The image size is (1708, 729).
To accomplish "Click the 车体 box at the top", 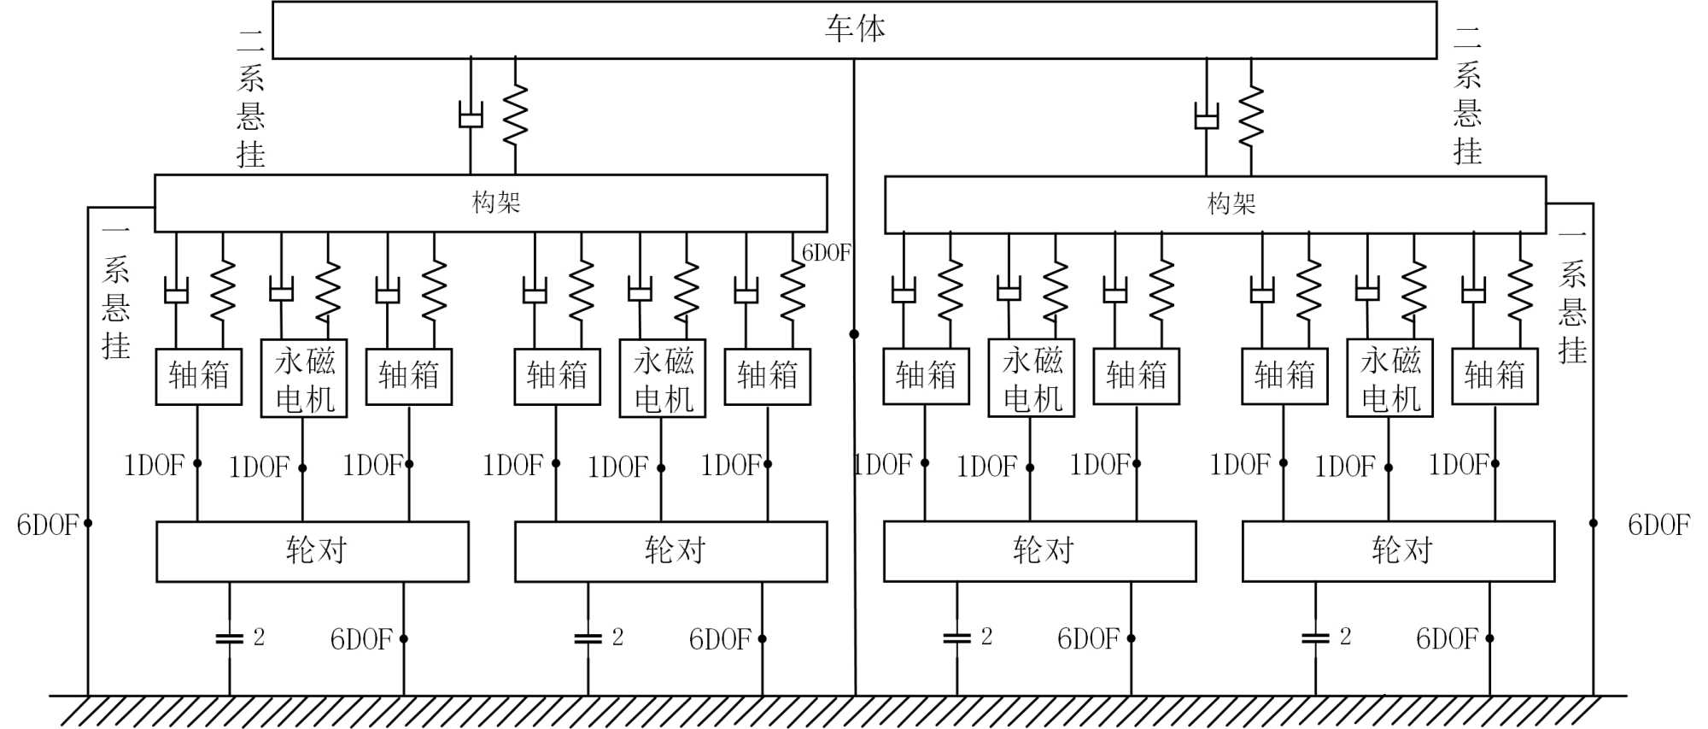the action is click(854, 30).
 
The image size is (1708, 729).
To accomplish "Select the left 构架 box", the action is click(490, 203).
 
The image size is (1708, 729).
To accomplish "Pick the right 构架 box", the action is click(1215, 204).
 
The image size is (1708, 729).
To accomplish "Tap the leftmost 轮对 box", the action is click(313, 551).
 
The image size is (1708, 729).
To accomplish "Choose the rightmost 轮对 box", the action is click(1398, 551).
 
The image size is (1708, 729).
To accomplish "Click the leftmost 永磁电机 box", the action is click(303, 379).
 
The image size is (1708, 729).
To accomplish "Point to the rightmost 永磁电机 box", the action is click(1389, 379).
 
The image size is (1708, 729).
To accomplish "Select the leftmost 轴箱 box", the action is click(198, 376).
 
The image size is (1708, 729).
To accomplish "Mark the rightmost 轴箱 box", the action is click(1494, 376).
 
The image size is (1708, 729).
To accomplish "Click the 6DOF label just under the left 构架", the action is click(826, 253).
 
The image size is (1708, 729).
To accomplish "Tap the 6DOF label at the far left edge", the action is click(47, 525).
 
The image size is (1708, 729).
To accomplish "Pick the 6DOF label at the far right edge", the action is click(1658, 525).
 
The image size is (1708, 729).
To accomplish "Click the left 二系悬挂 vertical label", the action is click(250, 97).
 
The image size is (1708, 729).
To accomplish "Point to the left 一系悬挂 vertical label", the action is click(115, 291).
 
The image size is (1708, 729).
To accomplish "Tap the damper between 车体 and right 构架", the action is click(1206, 116).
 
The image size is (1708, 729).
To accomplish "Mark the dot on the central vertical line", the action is click(854, 334).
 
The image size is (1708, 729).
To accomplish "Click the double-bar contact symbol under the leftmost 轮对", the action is click(229, 638).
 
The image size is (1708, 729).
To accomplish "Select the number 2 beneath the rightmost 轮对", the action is click(1345, 637).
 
